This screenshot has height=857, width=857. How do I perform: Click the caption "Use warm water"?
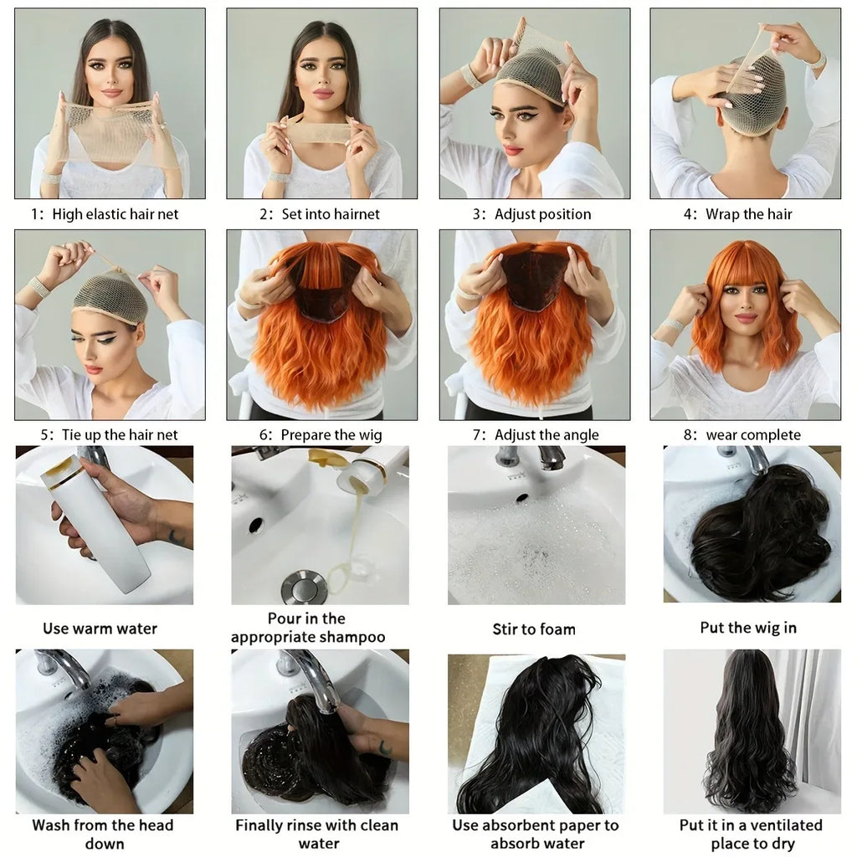(x=100, y=629)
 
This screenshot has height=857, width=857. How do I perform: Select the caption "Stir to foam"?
(x=534, y=629)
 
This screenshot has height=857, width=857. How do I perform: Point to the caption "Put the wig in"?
(x=748, y=627)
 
